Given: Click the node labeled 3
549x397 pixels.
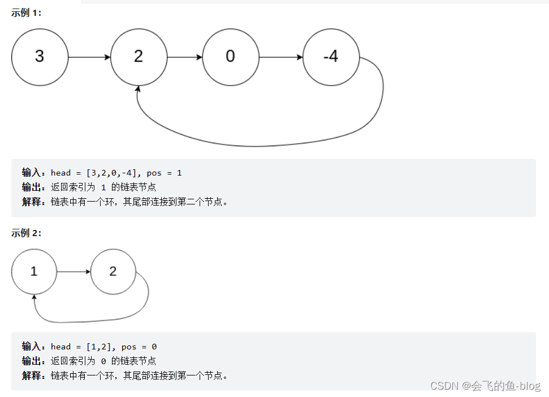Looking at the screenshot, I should pos(40,57).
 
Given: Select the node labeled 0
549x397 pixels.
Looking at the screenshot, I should pos(230,57).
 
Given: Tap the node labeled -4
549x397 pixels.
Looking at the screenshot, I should pos(331,57).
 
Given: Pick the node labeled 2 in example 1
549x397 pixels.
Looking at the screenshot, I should pos(139,57).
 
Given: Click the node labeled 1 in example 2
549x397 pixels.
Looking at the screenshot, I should pos(34,272).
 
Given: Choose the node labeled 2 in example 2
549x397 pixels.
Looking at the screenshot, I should pos(113,272).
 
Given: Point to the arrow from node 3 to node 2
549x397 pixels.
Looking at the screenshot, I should pos(89,57).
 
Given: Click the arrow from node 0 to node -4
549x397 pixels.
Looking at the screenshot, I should pos(280,57).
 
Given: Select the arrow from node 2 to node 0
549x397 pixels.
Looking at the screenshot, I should pos(184,57).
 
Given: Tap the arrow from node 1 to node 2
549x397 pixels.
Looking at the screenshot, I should pos(74,272).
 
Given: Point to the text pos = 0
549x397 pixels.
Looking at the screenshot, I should pos(139,347).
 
